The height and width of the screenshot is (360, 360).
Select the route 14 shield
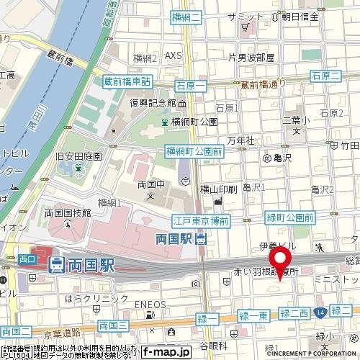(320, 311)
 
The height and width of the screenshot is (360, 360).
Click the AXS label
(174, 55)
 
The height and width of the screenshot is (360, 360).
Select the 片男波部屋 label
(251, 57)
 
